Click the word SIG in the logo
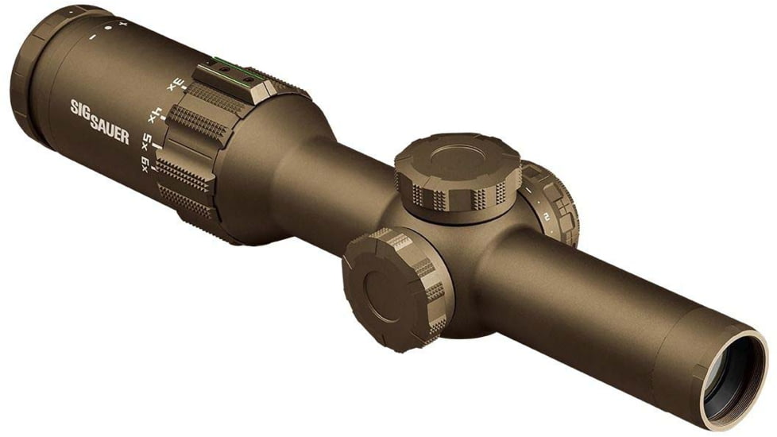click(x=80, y=107)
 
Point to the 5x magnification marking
click(x=148, y=143)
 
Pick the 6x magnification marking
click(x=145, y=164)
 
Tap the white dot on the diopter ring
click(x=106, y=29)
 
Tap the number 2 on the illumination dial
click(x=547, y=215)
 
